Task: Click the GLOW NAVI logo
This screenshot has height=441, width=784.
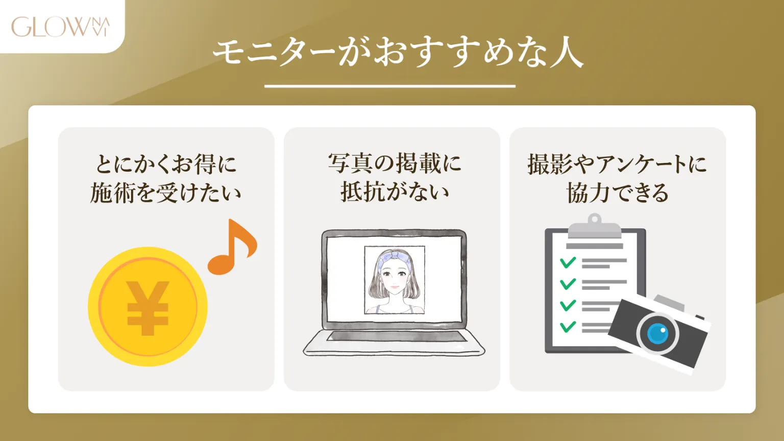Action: click(60, 27)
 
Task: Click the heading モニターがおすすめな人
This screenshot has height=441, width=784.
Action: click(398, 53)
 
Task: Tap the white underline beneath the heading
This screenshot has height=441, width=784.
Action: click(389, 86)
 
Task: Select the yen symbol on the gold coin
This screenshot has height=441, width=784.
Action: click(148, 308)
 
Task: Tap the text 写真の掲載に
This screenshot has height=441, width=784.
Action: click(394, 163)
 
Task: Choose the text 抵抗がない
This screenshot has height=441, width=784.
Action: click(394, 192)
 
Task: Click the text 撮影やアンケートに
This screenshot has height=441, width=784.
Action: click(617, 164)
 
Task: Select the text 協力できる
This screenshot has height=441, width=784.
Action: click(617, 193)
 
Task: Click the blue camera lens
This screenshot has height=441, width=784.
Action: click(657, 334)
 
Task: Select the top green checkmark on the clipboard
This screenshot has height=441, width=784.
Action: click(568, 263)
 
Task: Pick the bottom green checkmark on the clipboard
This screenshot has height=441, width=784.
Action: click(568, 327)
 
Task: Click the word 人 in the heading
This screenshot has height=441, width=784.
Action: click(567, 53)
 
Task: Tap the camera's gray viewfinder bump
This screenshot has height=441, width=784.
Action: click(670, 303)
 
